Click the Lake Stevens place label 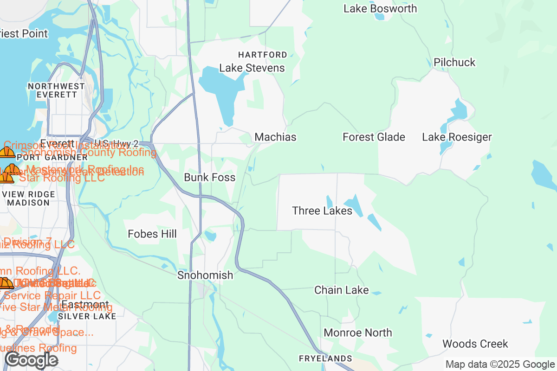(x=252, y=68)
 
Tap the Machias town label (x=275, y=137)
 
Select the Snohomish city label (x=205, y=275)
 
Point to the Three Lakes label (x=322, y=211)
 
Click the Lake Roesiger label (x=457, y=137)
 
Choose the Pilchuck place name (x=454, y=63)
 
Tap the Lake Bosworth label (x=380, y=9)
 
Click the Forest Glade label (x=374, y=137)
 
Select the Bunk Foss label (x=209, y=178)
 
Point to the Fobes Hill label (x=152, y=234)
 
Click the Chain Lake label (x=341, y=290)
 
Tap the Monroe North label (x=357, y=333)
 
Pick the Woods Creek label (x=475, y=344)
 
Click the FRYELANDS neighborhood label (x=325, y=359)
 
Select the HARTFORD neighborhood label (x=263, y=55)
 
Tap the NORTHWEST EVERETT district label (x=56, y=90)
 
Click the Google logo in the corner (x=31, y=360)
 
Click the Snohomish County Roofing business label (x=88, y=152)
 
